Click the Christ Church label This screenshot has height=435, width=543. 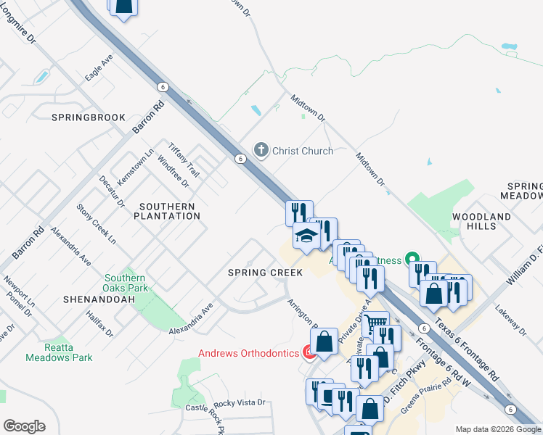coord(302,151)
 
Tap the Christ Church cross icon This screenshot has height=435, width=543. coord(261,150)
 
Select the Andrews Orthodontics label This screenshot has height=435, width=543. coord(249,353)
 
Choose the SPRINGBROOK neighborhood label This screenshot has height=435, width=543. coord(89,117)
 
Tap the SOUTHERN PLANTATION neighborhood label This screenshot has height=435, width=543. coord(168,211)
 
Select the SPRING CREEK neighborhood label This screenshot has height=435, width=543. coord(265,273)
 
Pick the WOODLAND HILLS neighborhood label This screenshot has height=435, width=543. coord(481,221)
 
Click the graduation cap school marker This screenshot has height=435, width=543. coord(306,237)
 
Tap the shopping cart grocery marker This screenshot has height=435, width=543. coord(375,323)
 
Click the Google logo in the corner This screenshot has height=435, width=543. coord(24,426)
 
